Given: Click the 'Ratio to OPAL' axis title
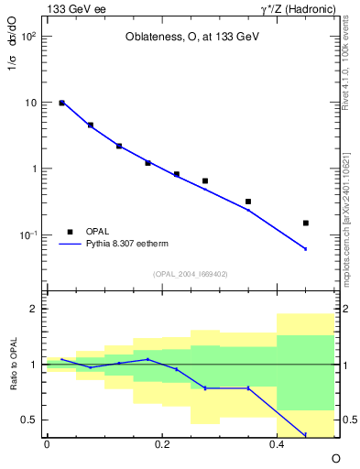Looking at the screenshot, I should pos(14,365).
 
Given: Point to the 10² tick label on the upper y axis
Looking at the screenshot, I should pos(29,38).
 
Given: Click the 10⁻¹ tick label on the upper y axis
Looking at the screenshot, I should pos(29,235).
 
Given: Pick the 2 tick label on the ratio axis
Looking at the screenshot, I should pos(35,309).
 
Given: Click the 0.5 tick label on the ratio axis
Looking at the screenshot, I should pos(30,420).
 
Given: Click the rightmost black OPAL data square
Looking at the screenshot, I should pos(306,223).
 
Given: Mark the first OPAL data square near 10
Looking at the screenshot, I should pos(61,104).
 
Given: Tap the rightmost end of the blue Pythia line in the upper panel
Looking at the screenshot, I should pos(306,249).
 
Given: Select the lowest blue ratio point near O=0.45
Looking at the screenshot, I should pos(306,435).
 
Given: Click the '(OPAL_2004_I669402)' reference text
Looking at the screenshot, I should pos(189,273).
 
